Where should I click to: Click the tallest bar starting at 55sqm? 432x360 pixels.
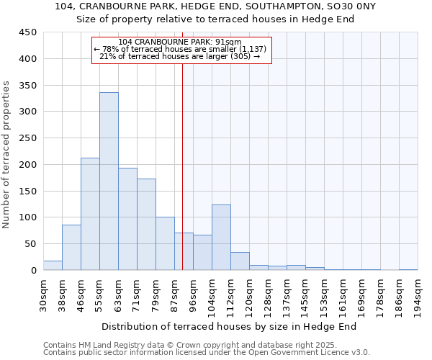109,181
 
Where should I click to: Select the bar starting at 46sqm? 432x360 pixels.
90,214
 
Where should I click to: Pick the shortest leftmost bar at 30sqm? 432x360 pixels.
53,266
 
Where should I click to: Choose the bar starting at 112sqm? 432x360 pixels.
240,261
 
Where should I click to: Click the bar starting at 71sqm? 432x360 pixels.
146,225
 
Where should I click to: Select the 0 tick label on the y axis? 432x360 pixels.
33,271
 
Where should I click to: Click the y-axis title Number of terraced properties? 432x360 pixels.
6,154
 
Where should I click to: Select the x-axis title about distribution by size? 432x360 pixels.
230,327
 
